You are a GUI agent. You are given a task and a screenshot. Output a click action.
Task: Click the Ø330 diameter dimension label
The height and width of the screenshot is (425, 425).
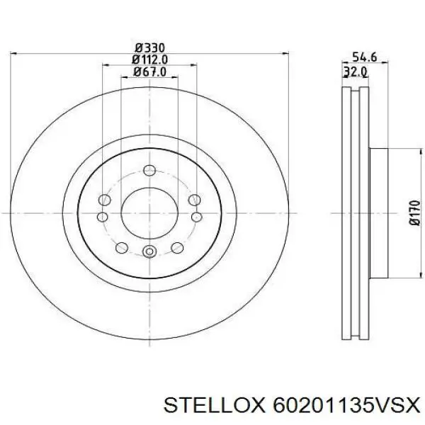click(x=150, y=48)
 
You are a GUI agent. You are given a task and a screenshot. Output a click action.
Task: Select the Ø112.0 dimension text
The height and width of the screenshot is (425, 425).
click(x=149, y=59)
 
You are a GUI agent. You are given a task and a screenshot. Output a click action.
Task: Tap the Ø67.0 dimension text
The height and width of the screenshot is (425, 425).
click(x=149, y=72)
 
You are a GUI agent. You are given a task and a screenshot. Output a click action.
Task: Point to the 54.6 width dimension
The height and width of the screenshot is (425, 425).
click(x=364, y=57)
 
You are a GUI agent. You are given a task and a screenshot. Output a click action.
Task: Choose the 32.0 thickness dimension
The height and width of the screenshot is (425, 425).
click(x=356, y=72)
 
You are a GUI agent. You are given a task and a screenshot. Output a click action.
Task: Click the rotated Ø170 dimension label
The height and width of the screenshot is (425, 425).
click(x=414, y=212)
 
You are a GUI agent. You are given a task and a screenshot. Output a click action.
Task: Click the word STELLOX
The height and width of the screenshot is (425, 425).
click(x=214, y=406)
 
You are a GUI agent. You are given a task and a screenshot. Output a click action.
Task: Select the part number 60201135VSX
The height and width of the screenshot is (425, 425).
click(x=346, y=406)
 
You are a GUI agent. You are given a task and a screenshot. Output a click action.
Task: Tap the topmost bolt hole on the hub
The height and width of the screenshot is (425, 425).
click(x=149, y=171)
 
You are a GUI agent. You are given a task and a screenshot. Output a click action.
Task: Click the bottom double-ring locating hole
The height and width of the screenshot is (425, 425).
click(x=149, y=251)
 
